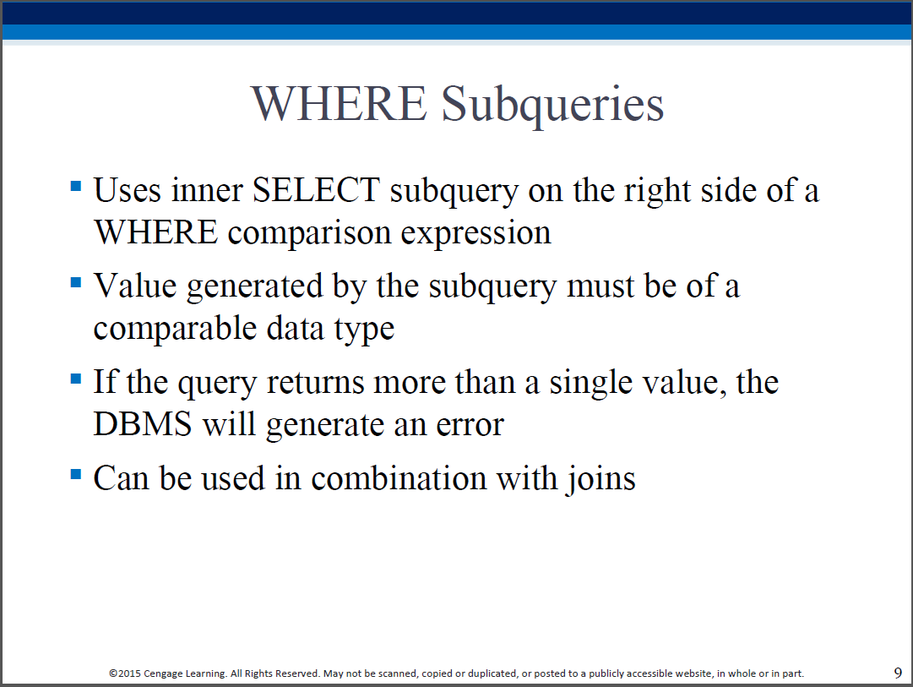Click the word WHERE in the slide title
339,104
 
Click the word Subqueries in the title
552,106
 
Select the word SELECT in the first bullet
316,190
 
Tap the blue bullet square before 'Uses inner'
76,187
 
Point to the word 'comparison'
309,234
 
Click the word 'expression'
476,234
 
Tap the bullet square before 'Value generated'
76,282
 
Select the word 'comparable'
175,330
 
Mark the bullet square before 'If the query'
76,379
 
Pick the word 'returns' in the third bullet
315,384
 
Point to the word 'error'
470,426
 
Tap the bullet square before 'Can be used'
76,474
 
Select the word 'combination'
399,478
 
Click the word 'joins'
601,480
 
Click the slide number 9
898,673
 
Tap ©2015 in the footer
125,673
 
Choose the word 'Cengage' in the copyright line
163,674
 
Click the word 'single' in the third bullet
590,384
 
